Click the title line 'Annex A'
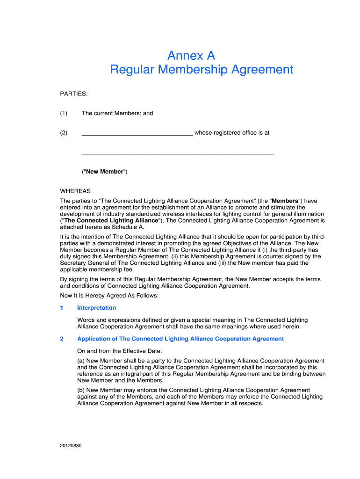191,56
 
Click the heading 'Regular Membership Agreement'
202,70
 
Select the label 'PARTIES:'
74,94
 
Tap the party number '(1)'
64,113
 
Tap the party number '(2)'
64,133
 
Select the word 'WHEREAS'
75,191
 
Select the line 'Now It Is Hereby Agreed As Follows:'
109,296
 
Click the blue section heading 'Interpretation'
96,308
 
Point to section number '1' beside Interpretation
62,308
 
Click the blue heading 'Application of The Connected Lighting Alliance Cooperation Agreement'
180,339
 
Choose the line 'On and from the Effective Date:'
120,351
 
